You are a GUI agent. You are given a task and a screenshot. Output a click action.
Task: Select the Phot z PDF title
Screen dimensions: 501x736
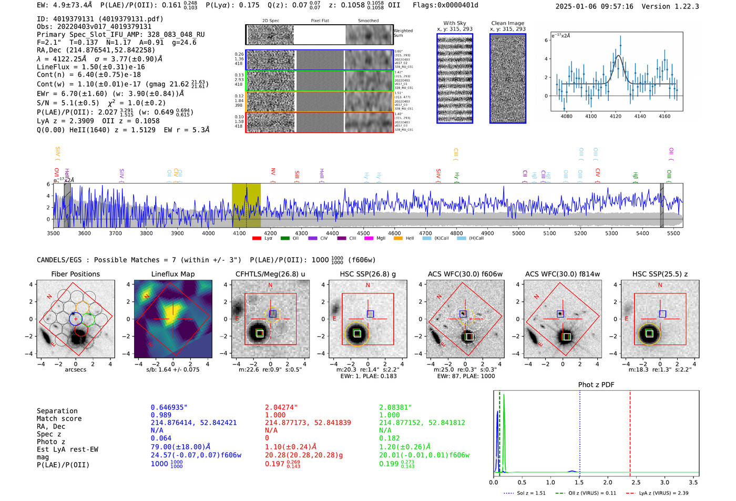[596, 385]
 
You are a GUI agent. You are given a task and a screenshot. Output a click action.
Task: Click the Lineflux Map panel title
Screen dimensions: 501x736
[172, 274]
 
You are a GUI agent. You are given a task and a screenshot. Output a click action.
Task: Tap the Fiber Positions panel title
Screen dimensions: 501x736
[75, 274]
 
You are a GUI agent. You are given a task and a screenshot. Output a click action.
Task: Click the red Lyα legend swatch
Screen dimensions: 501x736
[257, 238]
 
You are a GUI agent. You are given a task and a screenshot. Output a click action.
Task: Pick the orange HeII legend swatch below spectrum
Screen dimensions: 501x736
[398, 238]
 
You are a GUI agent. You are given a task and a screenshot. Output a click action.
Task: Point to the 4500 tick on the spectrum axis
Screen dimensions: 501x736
[363, 233]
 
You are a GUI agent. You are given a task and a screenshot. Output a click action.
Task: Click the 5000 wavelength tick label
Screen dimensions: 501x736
[518, 233]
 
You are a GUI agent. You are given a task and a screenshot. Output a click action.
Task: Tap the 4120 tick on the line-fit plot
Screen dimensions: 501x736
[616, 116]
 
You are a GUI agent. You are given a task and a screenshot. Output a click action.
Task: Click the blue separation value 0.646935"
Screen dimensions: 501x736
[169, 407]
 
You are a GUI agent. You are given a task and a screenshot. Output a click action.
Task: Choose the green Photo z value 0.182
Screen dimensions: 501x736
[389, 438]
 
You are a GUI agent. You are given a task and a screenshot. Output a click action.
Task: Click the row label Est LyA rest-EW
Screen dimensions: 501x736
[67, 449]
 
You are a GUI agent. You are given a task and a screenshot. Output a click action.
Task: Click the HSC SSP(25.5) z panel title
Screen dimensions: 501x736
[660, 274]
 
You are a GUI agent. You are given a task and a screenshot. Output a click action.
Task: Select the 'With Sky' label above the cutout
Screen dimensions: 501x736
[455, 23]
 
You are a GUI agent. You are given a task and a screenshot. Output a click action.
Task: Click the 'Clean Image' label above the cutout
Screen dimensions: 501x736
[507, 23]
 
